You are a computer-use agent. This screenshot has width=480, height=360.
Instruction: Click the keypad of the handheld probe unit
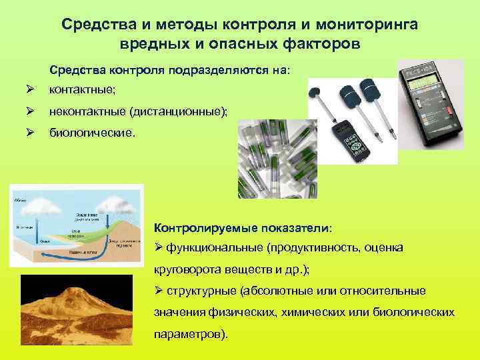355,142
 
